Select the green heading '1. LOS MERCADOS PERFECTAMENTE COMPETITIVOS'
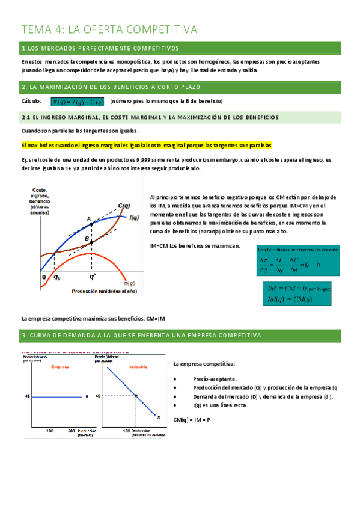(102, 48)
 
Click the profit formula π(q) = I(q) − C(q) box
(77, 101)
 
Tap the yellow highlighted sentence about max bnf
(146, 146)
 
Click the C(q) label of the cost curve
(124, 206)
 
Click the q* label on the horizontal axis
(92, 277)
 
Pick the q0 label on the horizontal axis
(56, 277)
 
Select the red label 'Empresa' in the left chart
(60, 367)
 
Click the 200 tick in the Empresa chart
(72, 431)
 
